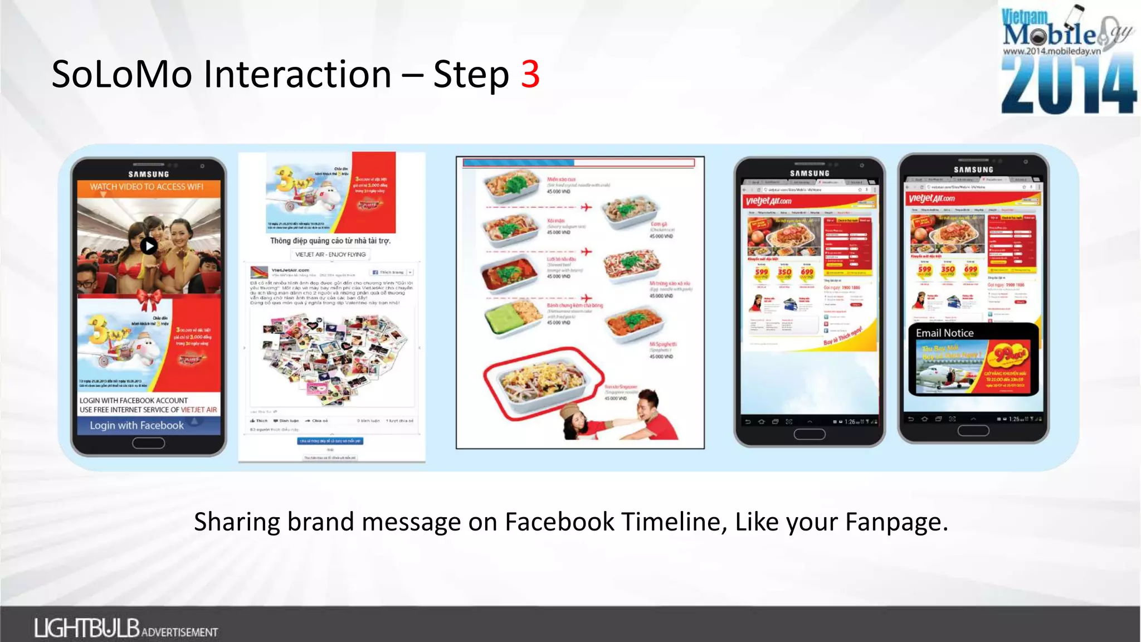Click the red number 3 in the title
pos(530,74)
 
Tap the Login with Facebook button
pos(137,425)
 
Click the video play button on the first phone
pos(148,245)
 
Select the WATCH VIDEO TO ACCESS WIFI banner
pos(147,187)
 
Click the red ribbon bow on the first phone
pos(149,300)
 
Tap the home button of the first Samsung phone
pos(148,443)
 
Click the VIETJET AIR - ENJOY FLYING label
pos(330,254)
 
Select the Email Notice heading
pos(944,333)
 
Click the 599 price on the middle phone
pos(761,272)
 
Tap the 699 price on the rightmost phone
pos(971,270)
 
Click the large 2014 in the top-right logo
pos(1068,85)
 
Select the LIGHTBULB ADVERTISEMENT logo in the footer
pos(126,629)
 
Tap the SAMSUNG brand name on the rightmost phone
pos(973,169)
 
